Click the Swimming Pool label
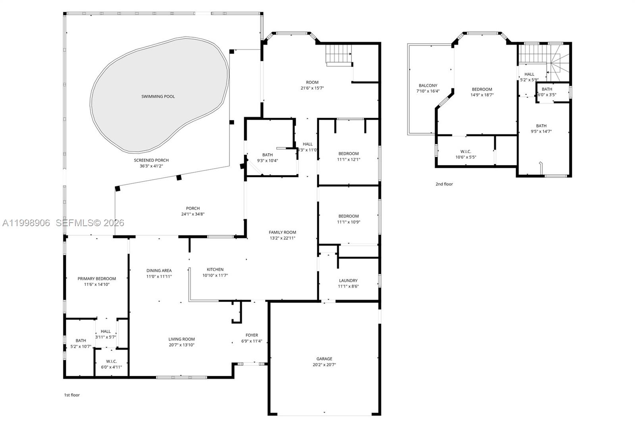click(x=158, y=96)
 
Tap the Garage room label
click(x=324, y=359)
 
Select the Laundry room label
click(x=348, y=281)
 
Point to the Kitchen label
click(x=215, y=269)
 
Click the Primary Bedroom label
click(x=97, y=279)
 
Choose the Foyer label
click(x=252, y=335)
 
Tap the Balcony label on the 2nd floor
click(x=428, y=85)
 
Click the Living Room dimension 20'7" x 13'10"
click(x=181, y=345)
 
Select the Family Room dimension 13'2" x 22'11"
click(x=282, y=238)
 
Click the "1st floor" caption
click(x=72, y=395)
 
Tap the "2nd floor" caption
click(x=444, y=184)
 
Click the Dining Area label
click(x=159, y=271)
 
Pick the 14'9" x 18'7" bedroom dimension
click(x=482, y=95)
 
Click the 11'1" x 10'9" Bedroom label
click(x=348, y=216)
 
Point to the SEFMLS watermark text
click(x=90, y=223)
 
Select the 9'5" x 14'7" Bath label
click(x=541, y=126)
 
